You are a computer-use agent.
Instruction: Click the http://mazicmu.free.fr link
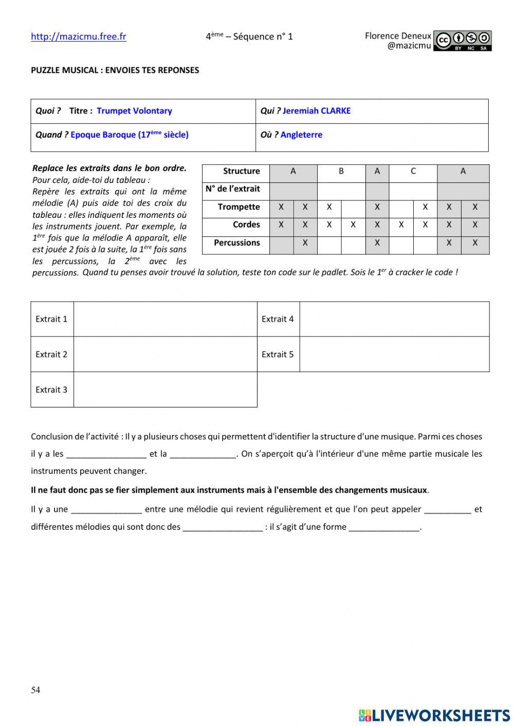point(78,36)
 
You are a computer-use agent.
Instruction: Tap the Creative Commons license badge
point(462,41)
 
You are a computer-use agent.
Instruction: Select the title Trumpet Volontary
point(134,111)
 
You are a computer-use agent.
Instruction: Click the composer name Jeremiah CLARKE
point(316,111)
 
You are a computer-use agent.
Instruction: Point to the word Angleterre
point(301,135)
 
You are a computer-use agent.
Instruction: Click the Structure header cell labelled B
point(341,171)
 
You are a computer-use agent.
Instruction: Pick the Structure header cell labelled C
point(413,171)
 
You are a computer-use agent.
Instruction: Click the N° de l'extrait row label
point(233,189)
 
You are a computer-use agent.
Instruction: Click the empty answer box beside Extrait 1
point(165,319)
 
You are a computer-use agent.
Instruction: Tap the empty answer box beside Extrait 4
point(394,319)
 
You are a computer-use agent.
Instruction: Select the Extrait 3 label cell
point(51,389)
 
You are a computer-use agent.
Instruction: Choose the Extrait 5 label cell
point(278,354)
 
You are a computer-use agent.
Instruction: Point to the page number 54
point(35,690)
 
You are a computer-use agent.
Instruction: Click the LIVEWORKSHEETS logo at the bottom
point(434,715)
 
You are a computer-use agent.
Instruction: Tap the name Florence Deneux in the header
point(398,36)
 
